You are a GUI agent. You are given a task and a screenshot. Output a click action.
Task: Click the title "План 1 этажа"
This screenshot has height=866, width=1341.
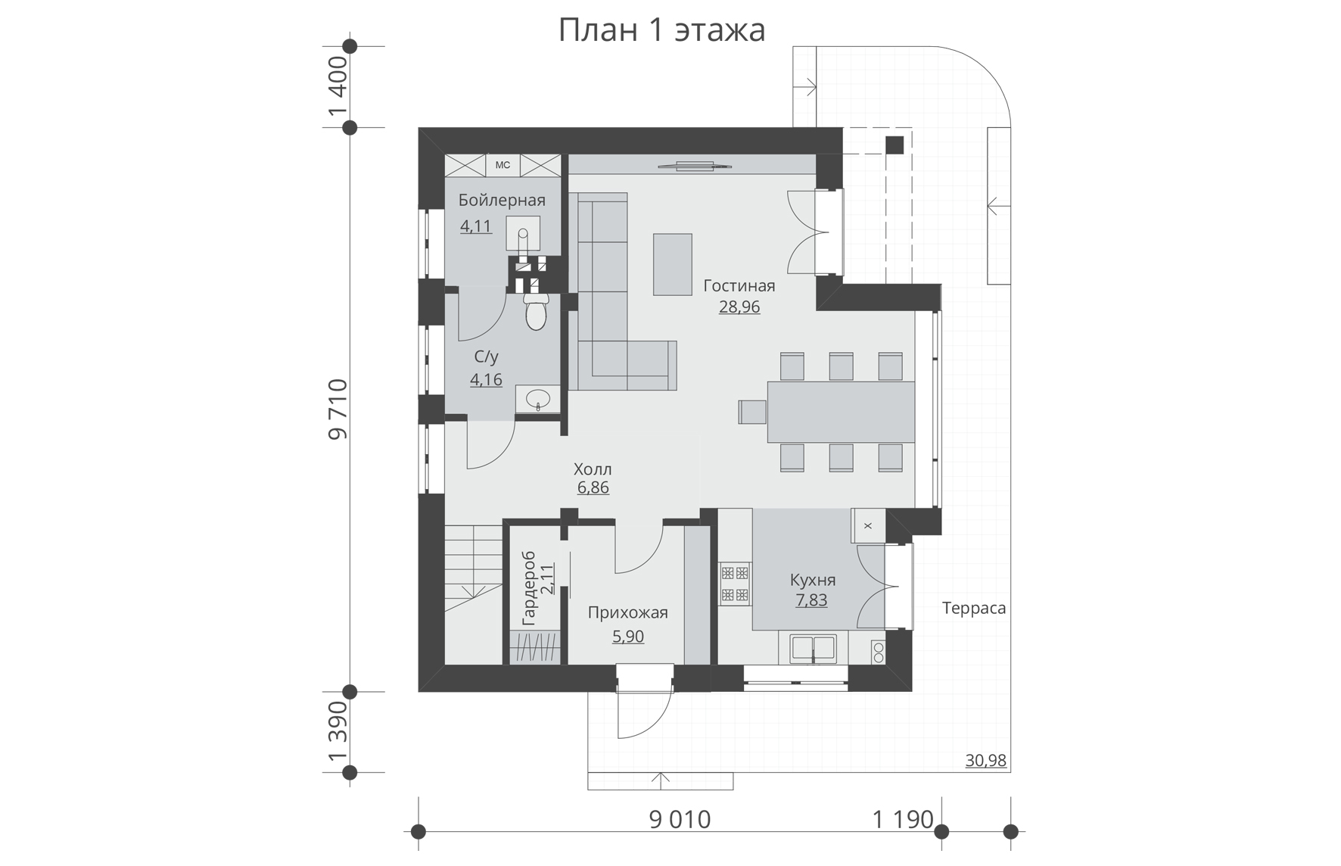661,30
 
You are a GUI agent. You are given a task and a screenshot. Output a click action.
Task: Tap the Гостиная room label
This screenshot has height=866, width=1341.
739,285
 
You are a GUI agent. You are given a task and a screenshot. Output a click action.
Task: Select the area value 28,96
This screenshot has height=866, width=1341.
739,307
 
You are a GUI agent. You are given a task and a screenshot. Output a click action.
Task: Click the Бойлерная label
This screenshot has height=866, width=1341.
502,200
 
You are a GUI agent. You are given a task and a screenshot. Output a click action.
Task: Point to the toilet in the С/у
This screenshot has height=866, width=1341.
536,312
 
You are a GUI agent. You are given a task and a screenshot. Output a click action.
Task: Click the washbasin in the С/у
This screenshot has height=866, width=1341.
538,399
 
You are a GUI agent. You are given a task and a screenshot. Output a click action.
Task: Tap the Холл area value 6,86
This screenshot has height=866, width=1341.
593,488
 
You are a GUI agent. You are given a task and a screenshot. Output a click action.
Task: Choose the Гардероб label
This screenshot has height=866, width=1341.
528,588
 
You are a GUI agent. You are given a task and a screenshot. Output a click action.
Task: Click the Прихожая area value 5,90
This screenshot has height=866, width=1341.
628,636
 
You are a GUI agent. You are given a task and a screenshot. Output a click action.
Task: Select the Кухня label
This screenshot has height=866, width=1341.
813,580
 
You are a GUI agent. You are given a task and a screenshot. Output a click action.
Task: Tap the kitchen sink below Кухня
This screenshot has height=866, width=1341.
814,649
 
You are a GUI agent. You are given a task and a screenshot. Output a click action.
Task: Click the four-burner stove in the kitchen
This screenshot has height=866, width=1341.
734,584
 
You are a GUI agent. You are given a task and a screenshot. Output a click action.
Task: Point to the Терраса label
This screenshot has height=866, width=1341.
974,608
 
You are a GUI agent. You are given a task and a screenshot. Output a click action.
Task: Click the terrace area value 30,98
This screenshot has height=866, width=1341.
986,760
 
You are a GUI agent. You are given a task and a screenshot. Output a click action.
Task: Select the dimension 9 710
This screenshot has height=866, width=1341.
338,410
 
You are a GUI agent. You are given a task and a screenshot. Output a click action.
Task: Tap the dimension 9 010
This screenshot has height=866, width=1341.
680,819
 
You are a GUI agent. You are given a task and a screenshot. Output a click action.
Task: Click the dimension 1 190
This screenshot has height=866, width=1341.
903,819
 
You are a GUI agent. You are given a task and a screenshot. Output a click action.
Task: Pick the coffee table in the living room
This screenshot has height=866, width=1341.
673,264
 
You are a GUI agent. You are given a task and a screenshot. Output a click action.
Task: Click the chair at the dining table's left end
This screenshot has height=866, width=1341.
752,412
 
